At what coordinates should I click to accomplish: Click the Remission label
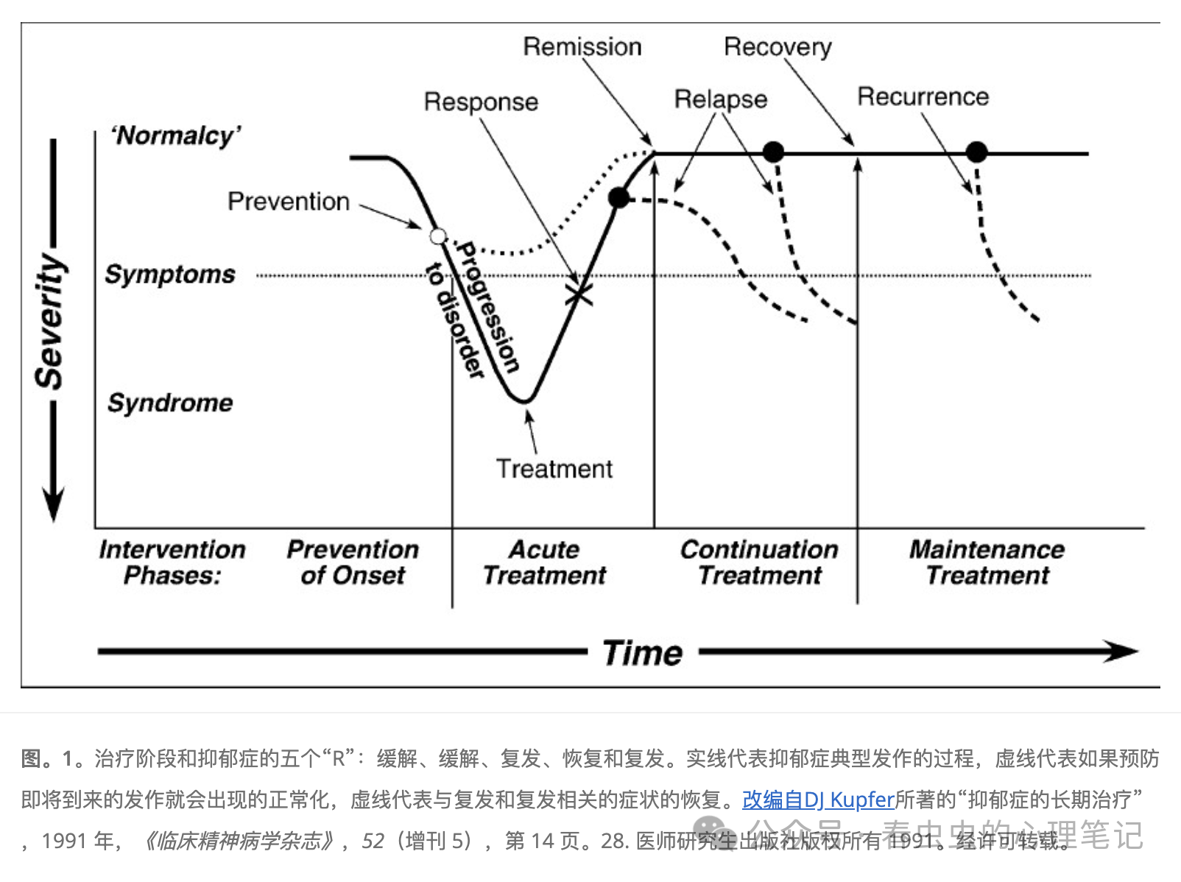pyautogui.click(x=582, y=47)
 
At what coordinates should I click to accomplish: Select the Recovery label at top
pyautogui.click(x=778, y=47)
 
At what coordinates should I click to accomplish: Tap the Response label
pyautogui.click(x=481, y=102)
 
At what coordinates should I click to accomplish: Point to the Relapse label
pyautogui.click(x=721, y=99)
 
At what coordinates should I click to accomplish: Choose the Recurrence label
pyautogui.click(x=923, y=96)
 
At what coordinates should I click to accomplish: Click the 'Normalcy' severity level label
pyautogui.click(x=175, y=135)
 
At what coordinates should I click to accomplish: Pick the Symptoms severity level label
pyautogui.click(x=170, y=274)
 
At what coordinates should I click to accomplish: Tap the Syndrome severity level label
pyautogui.click(x=170, y=403)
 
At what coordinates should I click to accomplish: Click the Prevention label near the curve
pyautogui.click(x=288, y=201)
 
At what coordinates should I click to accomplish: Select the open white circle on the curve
pyautogui.click(x=438, y=236)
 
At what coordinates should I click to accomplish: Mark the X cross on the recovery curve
pyautogui.click(x=579, y=294)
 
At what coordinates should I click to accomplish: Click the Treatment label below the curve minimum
pyautogui.click(x=554, y=469)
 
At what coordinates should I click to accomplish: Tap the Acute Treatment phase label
pyautogui.click(x=544, y=562)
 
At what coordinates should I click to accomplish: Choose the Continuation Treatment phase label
pyautogui.click(x=759, y=562)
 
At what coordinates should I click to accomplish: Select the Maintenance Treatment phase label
pyautogui.click(x=987, y=562)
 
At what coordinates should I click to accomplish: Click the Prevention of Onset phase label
pyautogui.click(x=353, y=562)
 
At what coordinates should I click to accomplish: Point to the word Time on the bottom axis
pyautogui.click(x=643, y=653)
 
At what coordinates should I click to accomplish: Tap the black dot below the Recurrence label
pyautogui.click(x=976, y=152)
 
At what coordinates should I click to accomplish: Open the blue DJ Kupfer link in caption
pyautogui.click(x=818, y=800)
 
